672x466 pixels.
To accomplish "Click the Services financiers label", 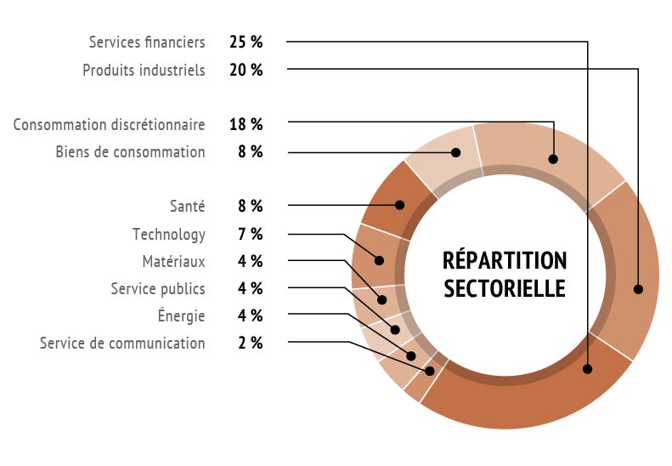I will (x=147, y=42).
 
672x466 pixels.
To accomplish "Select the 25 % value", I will (x=246, y=42).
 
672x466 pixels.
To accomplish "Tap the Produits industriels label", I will (x=144, y=70).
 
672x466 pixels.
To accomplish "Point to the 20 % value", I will (x=246, y=70).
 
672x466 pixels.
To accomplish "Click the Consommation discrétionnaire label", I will (x=109, y=125).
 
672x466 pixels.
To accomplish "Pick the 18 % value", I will (x=246, y=125).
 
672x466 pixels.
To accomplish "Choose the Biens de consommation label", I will (x=130, y=152).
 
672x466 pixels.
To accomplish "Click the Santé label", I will (x=187, y=206).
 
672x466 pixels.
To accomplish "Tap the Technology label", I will (x=168, y=234).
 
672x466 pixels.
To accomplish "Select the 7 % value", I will (x=250, y=234).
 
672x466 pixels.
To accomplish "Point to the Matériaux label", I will (x=173, y=261).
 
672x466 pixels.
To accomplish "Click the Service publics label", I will (x=158, y=288).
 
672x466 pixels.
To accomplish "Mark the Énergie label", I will (x=181, y=315).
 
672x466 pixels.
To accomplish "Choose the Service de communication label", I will (x=122, y=343).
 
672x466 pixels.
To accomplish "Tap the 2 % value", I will (x=250, y=343).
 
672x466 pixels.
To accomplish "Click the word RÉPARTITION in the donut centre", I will (x=505, y=260).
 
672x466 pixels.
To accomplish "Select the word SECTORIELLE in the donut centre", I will (x=505, y=287).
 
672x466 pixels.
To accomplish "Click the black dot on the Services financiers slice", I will (x=587, y=369).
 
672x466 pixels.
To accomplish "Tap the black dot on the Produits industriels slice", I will (x=638, y=289).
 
